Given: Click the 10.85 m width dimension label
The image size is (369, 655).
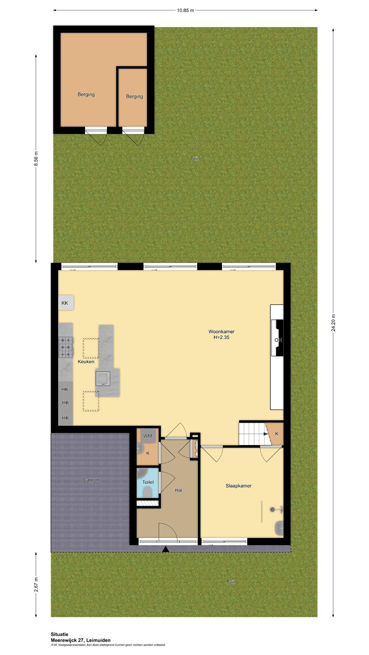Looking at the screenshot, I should [185, 10].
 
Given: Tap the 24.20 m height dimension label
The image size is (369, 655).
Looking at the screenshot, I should [333, 322].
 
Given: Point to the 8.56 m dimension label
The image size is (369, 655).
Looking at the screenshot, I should [36, 159].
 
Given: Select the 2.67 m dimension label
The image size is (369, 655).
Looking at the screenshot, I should [36, 584].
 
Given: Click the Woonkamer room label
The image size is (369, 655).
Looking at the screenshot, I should [221, 332].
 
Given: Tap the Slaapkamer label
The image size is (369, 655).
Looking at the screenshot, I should [238, 486].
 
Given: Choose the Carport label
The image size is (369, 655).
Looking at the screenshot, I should [91, 480].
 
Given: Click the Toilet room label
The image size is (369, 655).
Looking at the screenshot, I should [148, 482].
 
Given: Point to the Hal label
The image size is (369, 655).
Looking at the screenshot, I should [178, 490].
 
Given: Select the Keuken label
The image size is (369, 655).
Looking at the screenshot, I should [86, 362].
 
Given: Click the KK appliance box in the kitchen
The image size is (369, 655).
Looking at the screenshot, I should [65, 303].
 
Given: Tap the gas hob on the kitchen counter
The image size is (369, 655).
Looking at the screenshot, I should [66, 347].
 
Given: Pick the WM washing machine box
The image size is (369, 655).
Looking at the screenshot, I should [148, 436].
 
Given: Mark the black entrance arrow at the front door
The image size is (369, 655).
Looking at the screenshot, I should [165, 549].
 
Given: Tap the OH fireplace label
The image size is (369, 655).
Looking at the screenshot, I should [278, 340].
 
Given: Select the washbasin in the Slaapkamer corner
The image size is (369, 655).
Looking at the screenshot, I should [279, 528].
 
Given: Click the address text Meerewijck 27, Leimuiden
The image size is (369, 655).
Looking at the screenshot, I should [81, 640].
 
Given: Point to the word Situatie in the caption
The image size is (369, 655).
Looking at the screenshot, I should [59, 635].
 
